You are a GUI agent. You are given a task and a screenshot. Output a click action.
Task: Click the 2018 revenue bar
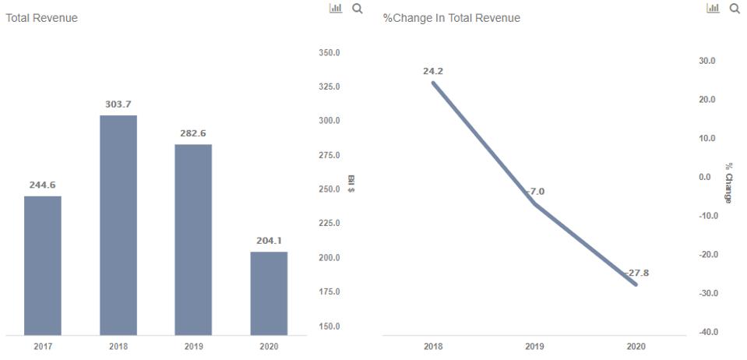click(118, 224)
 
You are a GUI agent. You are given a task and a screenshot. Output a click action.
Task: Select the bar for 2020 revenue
click(269, 293)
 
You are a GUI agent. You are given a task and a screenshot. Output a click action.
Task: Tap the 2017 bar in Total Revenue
click(43, 265)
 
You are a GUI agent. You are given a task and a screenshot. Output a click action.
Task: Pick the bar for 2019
click(193, 239)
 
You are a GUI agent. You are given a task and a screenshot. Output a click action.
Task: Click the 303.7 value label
click(118, 104)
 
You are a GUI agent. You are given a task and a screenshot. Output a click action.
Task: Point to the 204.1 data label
click(269, 241)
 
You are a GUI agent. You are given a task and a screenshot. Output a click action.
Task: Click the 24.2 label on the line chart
click(433, 72)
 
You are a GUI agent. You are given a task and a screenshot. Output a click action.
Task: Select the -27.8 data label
click(636, 274)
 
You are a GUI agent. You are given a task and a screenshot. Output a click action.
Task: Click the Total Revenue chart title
click(42, 18)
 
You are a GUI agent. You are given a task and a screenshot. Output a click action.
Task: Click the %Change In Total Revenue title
click(452, 18)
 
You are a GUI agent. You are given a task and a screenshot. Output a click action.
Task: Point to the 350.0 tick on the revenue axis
click(329, 53)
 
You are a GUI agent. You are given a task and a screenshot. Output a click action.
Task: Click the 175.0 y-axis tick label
click(329, 292)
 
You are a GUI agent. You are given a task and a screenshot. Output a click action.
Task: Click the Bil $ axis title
click(351, 184)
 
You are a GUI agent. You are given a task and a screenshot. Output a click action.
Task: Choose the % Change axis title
click(728, 183)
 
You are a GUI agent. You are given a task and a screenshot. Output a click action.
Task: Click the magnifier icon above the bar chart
click(358, 9)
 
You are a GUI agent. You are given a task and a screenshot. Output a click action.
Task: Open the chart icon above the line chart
click(713, 8)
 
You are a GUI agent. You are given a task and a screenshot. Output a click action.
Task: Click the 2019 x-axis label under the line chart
click(534, 347)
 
